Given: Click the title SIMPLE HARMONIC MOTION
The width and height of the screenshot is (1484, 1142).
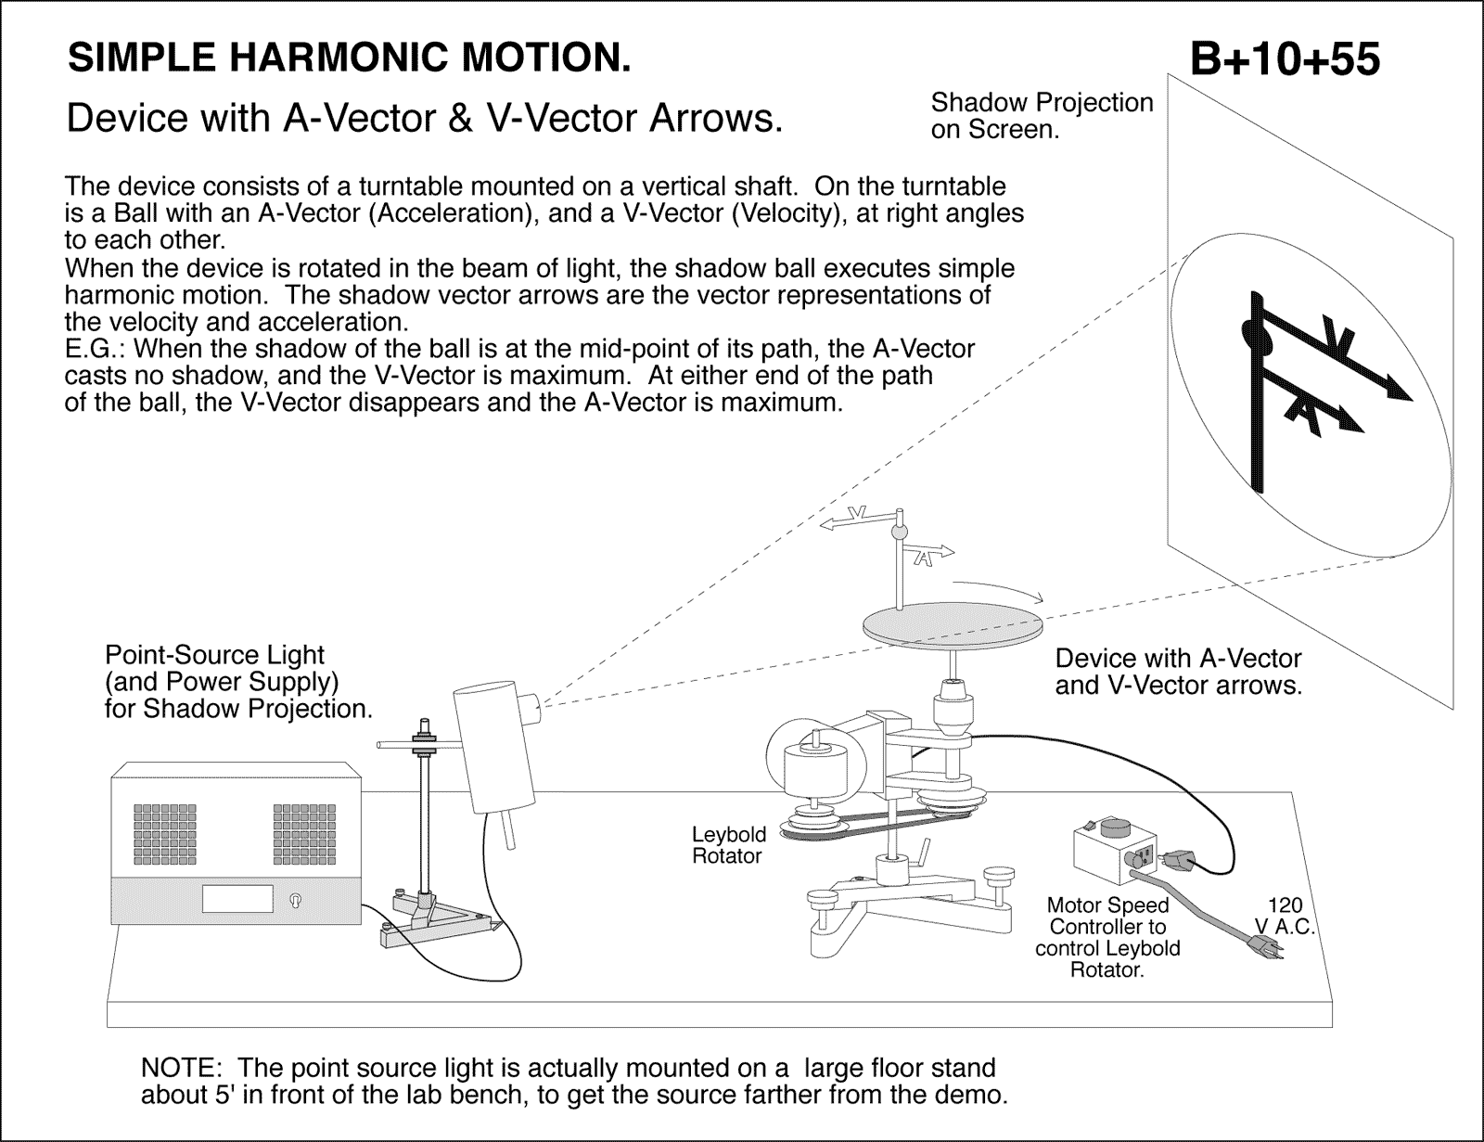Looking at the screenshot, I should [x=350, y=58].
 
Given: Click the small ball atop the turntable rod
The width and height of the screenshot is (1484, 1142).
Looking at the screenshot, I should [x=898, y=532].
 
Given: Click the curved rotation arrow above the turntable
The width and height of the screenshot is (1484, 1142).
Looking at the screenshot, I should [x=1002, y=590].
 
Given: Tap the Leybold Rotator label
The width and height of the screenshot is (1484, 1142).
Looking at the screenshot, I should [x=728, y=845].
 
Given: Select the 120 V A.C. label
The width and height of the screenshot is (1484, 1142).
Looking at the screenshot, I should [x=1285, y=916].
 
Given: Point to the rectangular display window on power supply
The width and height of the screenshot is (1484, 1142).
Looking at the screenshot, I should [x=237, y=897].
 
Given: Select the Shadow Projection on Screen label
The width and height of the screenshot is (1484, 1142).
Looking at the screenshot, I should [x=1042, y=116].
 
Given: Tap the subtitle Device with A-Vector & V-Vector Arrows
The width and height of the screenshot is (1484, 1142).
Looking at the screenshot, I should [x=425, y=118].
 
